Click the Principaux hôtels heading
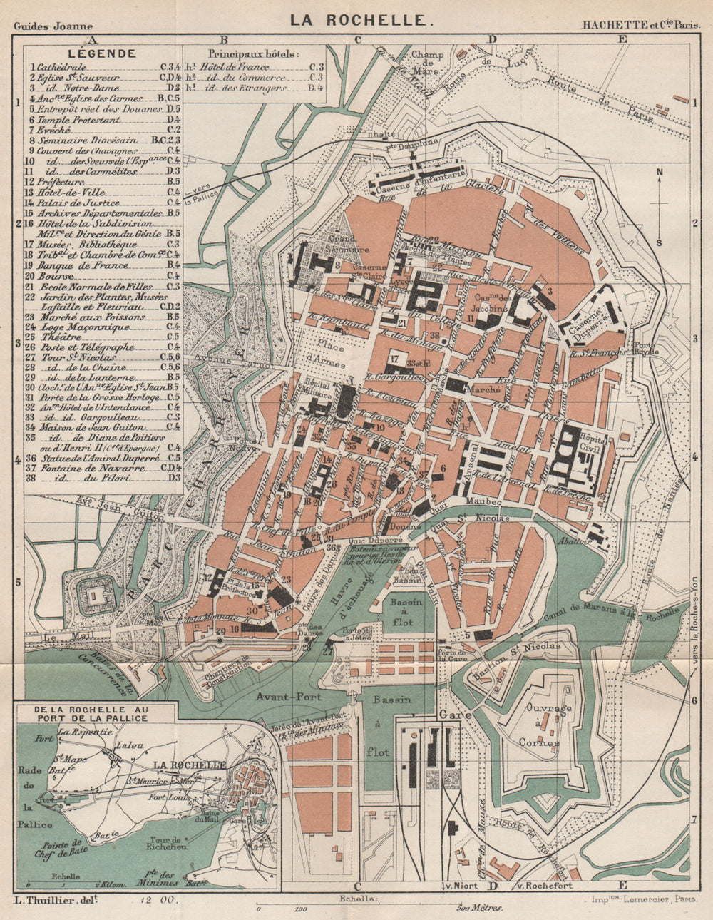tap(254, 53)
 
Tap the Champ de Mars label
tap(427, 62)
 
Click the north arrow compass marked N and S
tap(660, 207)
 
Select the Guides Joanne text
tap(51, 26)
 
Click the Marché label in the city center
tap(485, 390)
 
